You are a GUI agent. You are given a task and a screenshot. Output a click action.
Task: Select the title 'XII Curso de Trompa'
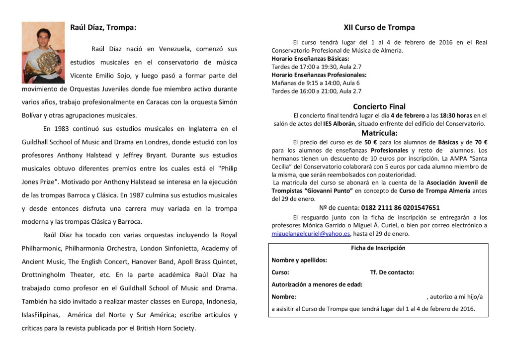[x=379, y=27]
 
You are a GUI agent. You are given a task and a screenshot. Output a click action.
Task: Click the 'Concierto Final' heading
[x=379, y=106]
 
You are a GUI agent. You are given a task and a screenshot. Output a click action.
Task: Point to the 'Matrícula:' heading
[x=379, y=133]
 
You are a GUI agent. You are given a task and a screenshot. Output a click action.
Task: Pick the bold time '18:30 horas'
[x=439, y=115]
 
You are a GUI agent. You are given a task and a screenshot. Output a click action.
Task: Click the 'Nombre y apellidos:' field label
[x=299, y=260]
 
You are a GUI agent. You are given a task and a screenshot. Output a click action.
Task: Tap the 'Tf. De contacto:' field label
[x=392, y=272]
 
